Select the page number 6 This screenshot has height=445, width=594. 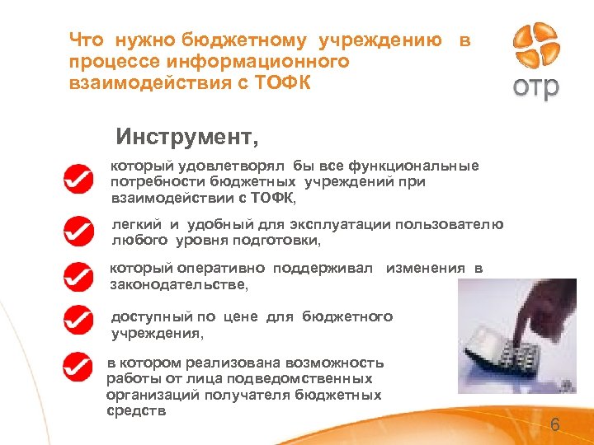(554, 425)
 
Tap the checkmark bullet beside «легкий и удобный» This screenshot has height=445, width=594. (78, 232)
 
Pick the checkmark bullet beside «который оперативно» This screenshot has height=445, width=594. (78, 276)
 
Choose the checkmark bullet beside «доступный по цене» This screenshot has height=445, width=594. (78, 320)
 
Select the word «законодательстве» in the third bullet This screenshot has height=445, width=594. (178, 284)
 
